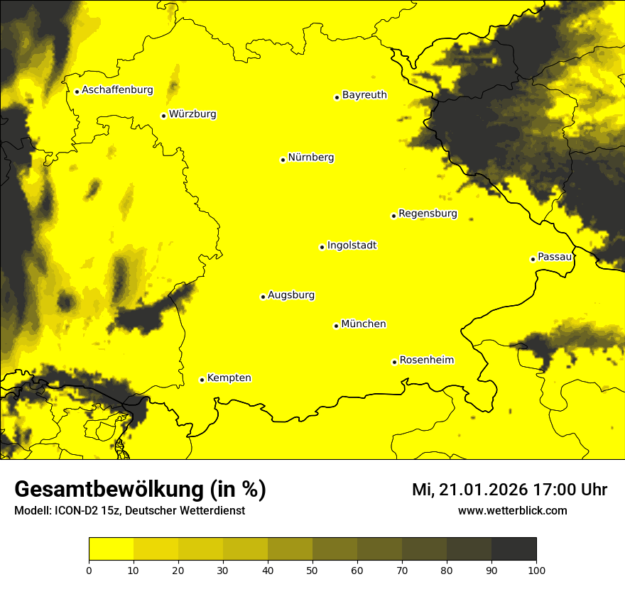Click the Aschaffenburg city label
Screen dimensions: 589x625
(117, 90)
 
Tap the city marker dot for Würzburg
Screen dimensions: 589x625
(163, 116)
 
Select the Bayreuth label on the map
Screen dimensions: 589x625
(364, 95)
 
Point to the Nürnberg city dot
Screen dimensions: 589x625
(283, 160)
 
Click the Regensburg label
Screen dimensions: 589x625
(428, 214)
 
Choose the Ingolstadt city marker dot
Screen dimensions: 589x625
(322, 247)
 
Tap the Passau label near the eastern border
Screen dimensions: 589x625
(555, 257)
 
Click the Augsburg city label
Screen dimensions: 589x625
(291, 295)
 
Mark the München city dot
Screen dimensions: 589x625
(336, 326)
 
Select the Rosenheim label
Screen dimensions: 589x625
(426, 360)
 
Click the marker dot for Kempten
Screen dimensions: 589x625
(202, 380)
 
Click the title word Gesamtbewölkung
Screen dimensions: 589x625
(107, 490)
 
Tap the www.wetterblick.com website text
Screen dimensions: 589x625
(512, 511)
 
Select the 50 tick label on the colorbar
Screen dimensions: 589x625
(312, 570)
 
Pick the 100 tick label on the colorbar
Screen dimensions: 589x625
(536, 570)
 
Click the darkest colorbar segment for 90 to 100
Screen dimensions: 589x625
(513, 549)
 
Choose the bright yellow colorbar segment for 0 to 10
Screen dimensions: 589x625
(111, 549)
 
